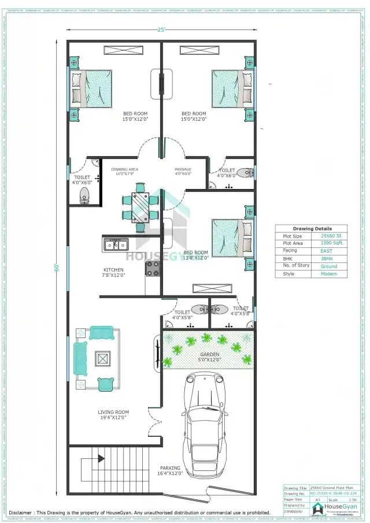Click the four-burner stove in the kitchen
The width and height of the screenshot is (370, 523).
click(153, 268)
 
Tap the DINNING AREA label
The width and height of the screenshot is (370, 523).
click(124, 170)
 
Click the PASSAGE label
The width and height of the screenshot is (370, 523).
click(183, 170)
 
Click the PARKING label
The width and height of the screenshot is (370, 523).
click(170, 468)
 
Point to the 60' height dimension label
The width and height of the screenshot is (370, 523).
click(57, 267)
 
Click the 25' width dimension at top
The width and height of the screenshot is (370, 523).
click(160, 29)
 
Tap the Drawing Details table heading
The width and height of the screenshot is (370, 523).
click(312, 229)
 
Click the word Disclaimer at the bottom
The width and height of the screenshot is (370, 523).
click(20, 513)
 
